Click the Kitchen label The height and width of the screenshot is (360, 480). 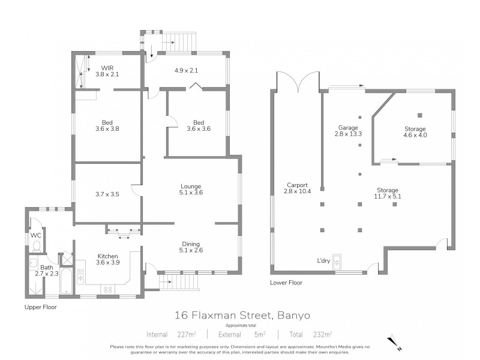[x=108, y=256]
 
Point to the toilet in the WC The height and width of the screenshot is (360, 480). [x=37, y=245]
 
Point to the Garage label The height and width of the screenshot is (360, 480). [x=347, y=128]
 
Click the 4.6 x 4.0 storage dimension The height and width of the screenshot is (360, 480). [x=415, y=136]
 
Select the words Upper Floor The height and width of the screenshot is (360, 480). [x=40, y=306]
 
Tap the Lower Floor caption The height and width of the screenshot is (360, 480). [x=286, y=282]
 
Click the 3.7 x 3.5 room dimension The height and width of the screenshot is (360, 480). [x=108, y=194]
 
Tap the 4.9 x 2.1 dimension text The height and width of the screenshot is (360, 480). [x=185, y=70]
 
